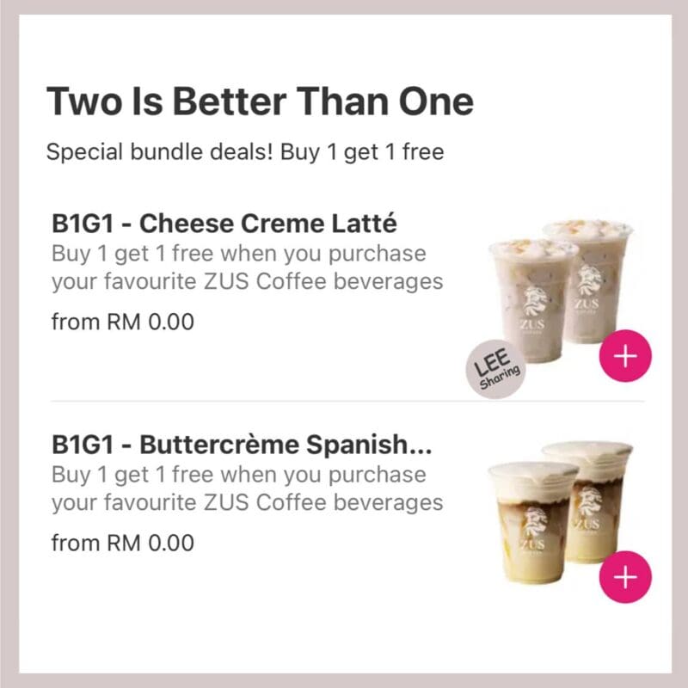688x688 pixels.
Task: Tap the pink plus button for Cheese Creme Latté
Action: pos(625,355)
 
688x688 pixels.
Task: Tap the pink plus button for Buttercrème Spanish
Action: pos(625,576)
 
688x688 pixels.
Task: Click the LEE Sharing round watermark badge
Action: pos(496,369)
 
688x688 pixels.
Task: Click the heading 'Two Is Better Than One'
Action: pos(261,101)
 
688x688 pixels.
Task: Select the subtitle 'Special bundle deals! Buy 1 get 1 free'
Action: pos(245,152)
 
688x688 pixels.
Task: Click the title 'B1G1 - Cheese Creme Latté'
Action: pos(224,223)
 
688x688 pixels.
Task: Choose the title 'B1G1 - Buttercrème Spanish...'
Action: pos(242,444)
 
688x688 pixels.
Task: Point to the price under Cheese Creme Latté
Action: pos(123,322)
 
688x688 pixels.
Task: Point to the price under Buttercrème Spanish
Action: pos(123,543)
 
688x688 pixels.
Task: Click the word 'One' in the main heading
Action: pos(436,101)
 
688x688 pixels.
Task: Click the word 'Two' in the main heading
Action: pos(83,101)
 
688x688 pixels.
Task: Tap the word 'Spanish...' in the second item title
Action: pos(369,444)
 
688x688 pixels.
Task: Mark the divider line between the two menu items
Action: pos(347,401)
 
